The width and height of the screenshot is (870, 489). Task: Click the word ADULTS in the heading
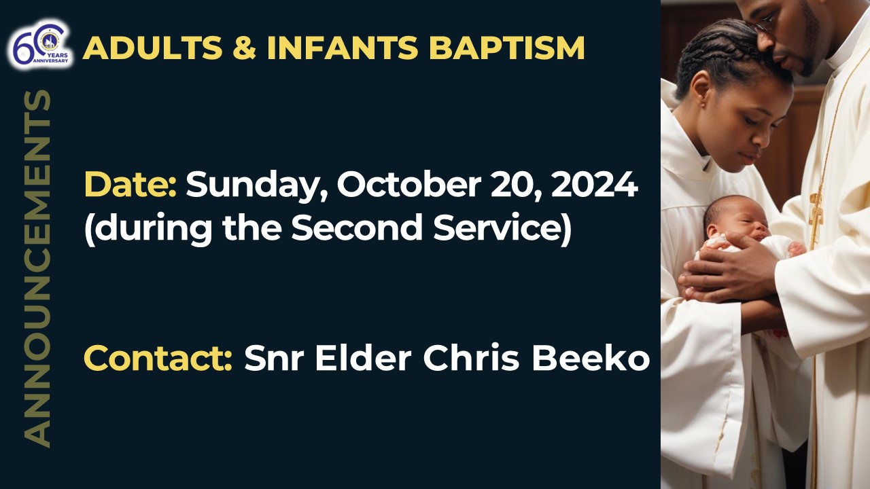coord(152,48)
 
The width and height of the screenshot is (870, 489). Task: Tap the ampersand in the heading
coord(245,48)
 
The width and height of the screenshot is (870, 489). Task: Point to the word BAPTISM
coord(506,48)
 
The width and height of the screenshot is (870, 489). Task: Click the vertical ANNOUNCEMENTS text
coord(37,268)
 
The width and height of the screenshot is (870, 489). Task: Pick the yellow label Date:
coord(131,184)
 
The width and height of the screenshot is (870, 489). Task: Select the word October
coord(409,184)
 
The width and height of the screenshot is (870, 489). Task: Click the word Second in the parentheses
coord(357,227)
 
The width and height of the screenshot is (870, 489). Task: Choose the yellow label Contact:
coord(158,358)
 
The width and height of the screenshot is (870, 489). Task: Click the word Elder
coord(363,358)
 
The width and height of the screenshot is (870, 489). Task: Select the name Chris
coord(471,358)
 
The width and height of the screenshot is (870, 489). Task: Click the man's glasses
coord(765,24)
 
